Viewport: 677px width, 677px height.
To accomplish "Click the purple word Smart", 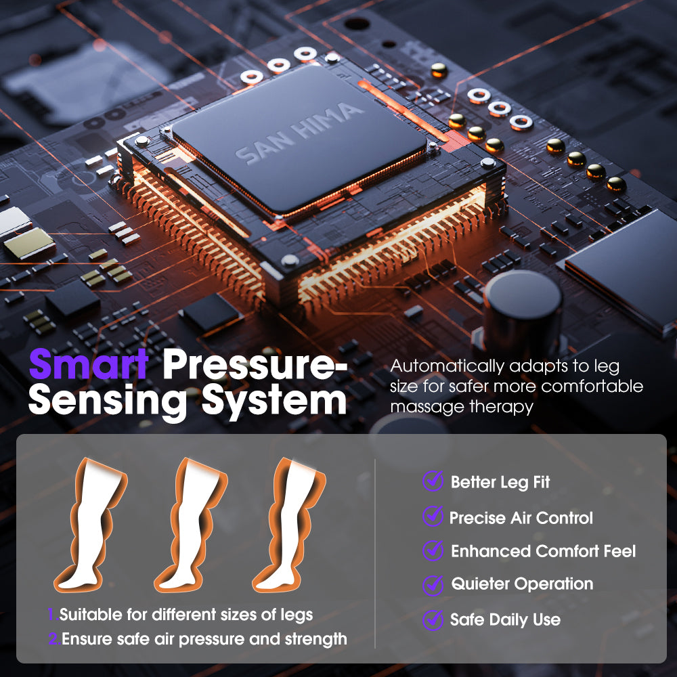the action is [89, 364].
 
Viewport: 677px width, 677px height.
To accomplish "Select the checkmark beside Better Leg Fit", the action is [433, 481].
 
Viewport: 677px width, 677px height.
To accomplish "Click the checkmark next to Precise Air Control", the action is [433, 516].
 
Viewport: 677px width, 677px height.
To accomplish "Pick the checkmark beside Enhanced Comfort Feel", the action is [433, 550].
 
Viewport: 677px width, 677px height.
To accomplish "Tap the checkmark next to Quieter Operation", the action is [433, 585].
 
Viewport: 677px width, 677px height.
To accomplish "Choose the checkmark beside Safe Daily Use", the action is [433, 619].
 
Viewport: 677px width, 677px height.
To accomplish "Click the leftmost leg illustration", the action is [91, 524].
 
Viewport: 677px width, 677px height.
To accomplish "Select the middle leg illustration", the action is [191, 524].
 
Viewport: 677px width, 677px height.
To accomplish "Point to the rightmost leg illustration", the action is [289, 524].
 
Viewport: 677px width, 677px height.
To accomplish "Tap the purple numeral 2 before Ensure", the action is [54, 638].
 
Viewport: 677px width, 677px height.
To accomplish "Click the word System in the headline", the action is [274, 400].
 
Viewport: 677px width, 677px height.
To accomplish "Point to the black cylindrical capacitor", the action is [523, 312].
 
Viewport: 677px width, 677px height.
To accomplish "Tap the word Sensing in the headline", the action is [108, 401].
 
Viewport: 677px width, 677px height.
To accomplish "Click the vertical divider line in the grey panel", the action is [375, 554].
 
